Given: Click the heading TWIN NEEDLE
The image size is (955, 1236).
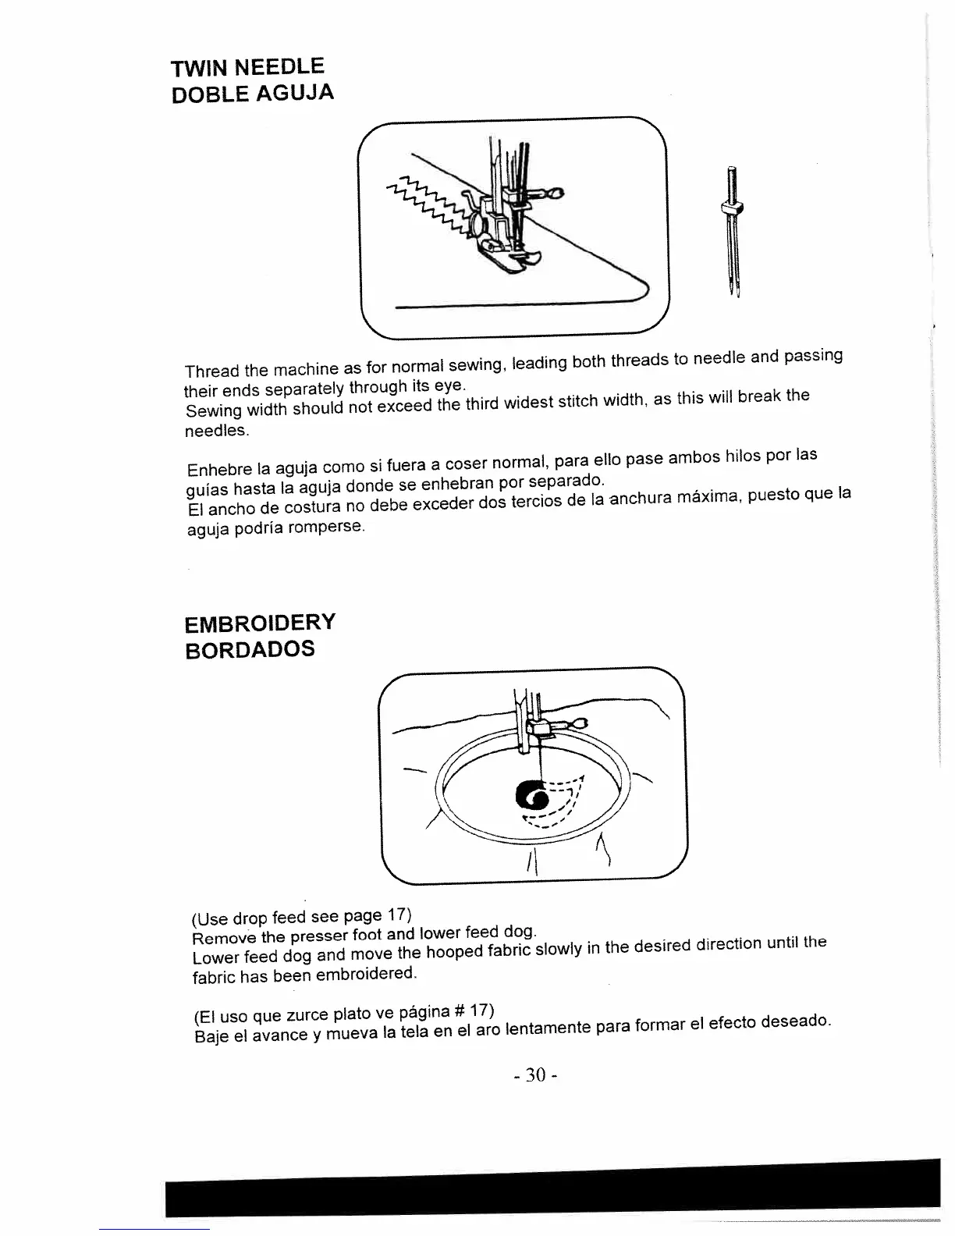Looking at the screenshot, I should [x=248, y=65].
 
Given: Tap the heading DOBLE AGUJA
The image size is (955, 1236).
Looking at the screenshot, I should [x=253, y=95].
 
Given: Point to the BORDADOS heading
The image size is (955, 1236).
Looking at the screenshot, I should [x=250, y=650].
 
